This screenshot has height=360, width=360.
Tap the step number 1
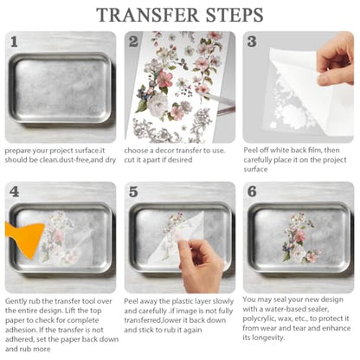point(14,42)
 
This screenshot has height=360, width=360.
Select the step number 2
point(133,42)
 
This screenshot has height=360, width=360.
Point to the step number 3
point(252,42)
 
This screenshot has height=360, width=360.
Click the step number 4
point(14,191)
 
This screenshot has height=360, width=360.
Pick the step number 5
point(133,191)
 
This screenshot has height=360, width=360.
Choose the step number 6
point(252,191)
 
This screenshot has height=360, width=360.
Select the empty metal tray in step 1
point(60,87)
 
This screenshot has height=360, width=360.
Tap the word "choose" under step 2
point(135,151)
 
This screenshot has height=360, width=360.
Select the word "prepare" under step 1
point(17,151)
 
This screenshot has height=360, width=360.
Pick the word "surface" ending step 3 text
point(255,169)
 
